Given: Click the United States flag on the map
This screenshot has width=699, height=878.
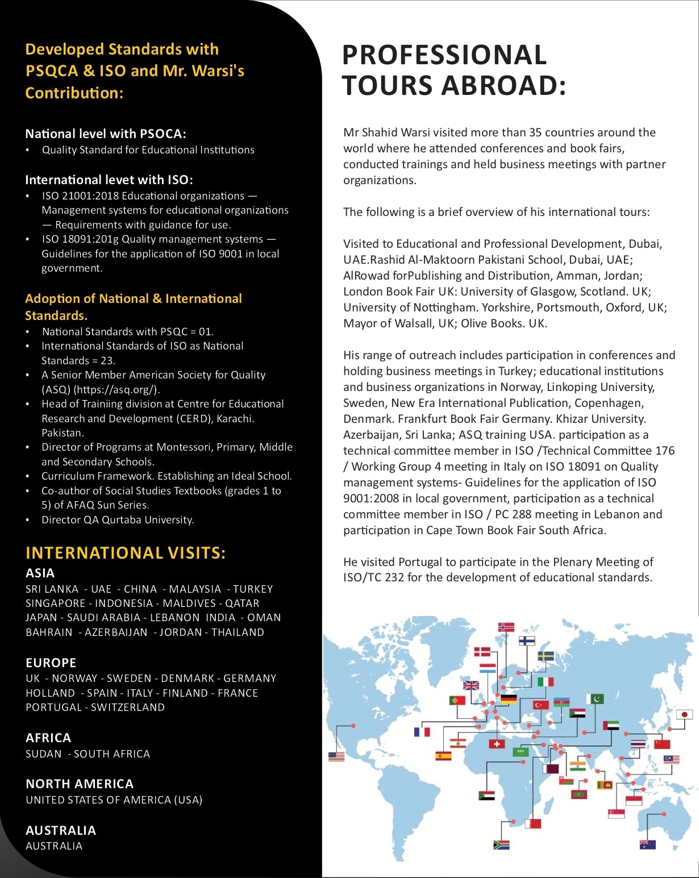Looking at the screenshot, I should (336, 756).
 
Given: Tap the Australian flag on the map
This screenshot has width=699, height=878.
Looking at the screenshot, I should (647, 844).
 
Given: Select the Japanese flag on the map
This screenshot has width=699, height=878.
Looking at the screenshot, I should (685, 714).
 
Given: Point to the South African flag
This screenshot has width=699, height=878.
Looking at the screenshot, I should (501, 844).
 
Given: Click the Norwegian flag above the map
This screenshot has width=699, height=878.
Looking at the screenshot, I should (506, 627).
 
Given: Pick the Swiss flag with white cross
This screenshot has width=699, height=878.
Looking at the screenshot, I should (497, 744).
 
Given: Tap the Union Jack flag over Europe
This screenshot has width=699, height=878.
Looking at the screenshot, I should (471, 685).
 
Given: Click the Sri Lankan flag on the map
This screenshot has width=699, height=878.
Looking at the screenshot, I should (605, 785).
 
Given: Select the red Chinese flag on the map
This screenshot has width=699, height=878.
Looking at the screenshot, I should (662, 744).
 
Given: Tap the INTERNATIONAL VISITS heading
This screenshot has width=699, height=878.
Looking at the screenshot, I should (126, 553).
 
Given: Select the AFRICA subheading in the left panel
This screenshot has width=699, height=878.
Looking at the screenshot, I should (48, 738).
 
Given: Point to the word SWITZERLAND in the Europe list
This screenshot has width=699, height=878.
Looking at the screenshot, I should (128, 708).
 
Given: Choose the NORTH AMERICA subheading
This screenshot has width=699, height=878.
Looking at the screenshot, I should (80, 784).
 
